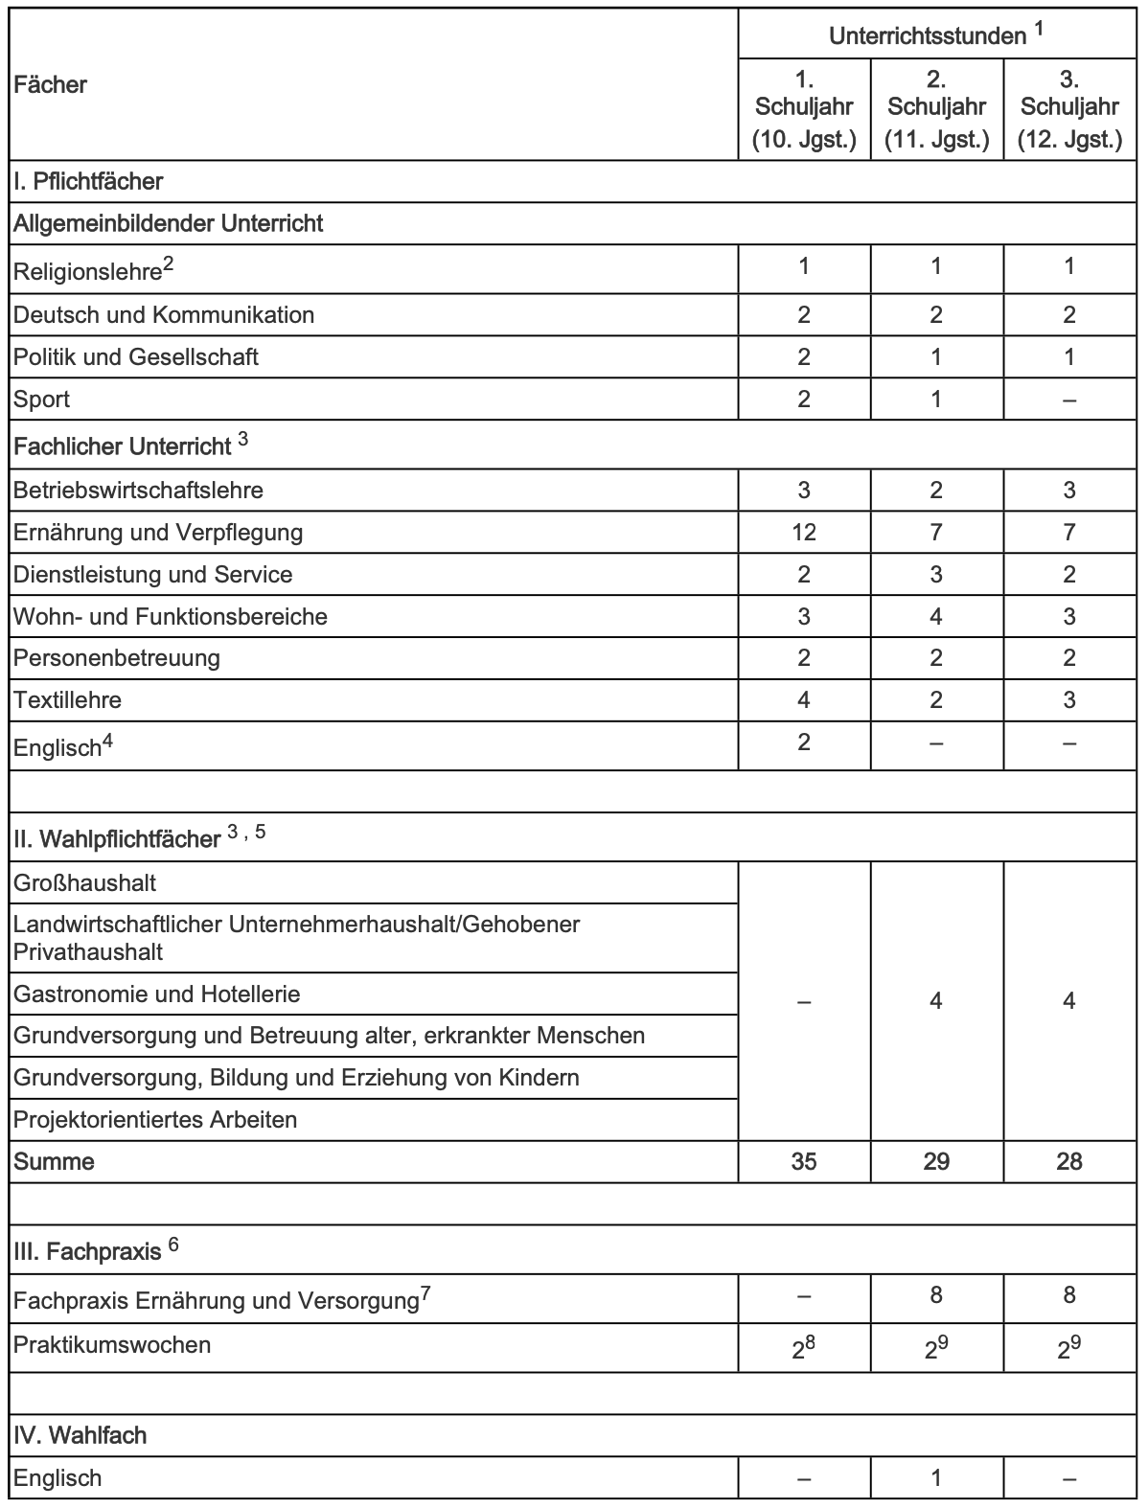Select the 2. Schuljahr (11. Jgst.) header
(x=936, y=108)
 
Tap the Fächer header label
(x=50, y=85)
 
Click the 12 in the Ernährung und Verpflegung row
(x=804, y=532)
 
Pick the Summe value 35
(x=804, y=1161)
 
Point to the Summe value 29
(x=936, y=1161)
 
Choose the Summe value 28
(x=1069, y=1161)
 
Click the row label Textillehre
(x=67, y=700)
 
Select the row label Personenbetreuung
(x=116, y=658)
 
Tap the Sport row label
(x=41, y=400)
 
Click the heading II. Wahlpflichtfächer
(x=117, y=839)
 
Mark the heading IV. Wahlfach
(x=80, y=1435)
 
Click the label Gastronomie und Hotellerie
(x=156, y=994)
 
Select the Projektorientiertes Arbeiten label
(x=155, y=1119)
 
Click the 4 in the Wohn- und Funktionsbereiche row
(x=936, y=616)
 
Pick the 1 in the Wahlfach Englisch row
(x=936, y=1477)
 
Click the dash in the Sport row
(x=1069, y=400)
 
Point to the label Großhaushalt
(x=84, y=882)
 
